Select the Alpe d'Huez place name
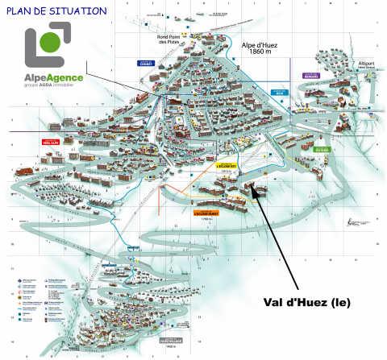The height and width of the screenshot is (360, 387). pos(260,46)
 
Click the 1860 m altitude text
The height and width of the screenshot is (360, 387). pos(260,54)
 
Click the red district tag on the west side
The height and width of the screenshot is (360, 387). pos(51,142)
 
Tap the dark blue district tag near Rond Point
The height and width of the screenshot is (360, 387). pos(146,64)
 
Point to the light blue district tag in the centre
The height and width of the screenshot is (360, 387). pos(279,93)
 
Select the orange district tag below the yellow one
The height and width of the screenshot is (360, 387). pos(207,213)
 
